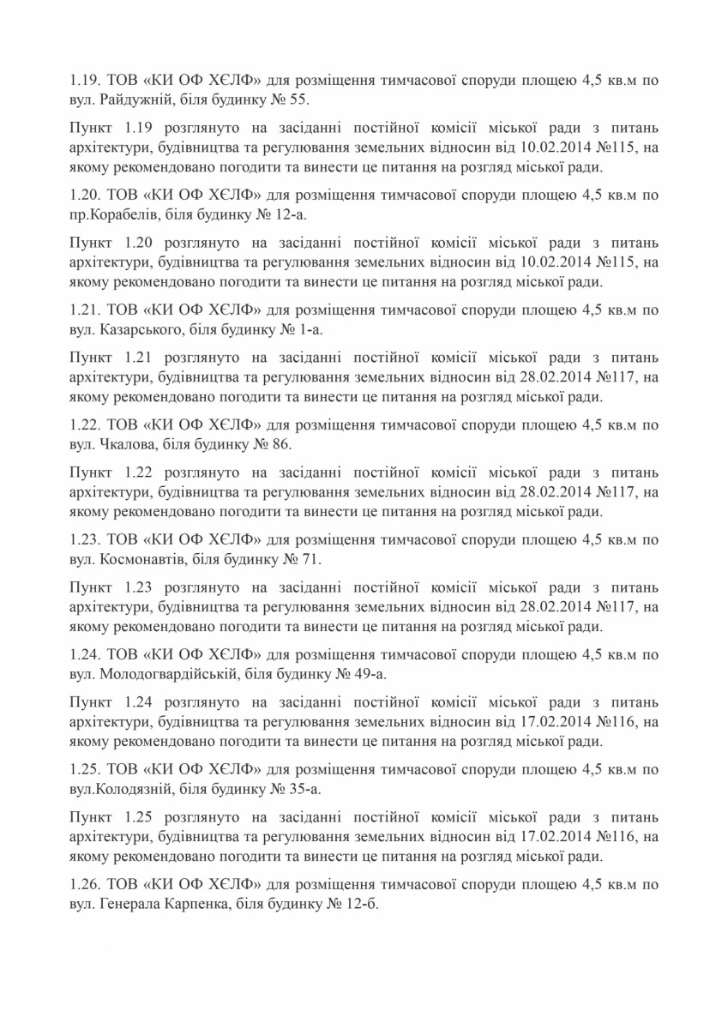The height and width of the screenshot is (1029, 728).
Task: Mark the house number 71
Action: [310, 558]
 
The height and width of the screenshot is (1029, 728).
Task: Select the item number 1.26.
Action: [84, 883]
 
